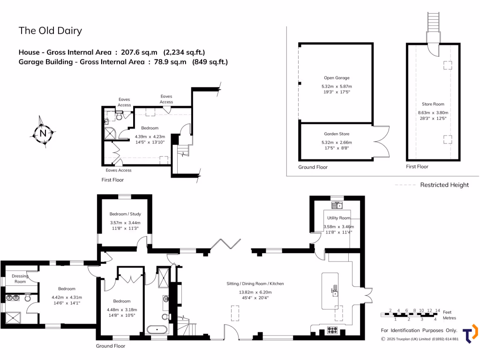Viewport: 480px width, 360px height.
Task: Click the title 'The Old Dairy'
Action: (50, 31)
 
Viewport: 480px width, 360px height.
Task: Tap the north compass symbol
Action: (43, 134)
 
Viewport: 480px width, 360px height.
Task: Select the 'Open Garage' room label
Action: (336, 78)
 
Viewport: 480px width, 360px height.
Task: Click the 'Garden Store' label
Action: (336, 134)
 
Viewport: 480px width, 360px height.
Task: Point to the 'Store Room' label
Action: (433, 104)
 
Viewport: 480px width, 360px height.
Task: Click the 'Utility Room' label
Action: (338, 218)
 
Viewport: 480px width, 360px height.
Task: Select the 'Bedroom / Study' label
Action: (125, 214)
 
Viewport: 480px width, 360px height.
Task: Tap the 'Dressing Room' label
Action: (20, 278)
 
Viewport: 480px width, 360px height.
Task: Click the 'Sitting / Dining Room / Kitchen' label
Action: (255, 284)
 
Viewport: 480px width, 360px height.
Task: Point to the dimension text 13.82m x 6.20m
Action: (255, 292)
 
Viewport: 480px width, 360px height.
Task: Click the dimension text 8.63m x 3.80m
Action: (433, 112)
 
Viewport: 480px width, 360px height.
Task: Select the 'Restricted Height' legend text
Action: (444, 185)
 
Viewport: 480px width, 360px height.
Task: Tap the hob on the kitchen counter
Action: (332, 329)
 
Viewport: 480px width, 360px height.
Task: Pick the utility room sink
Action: (337, 205)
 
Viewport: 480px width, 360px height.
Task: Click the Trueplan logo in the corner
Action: (470, 334)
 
